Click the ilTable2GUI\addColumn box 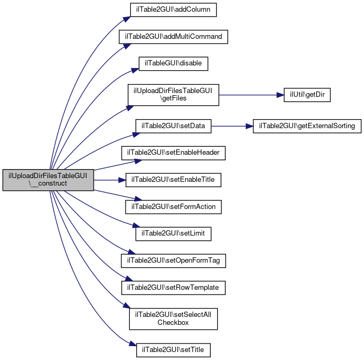coord(173,10)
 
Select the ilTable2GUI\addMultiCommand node coord(173,37)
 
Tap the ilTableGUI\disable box coord(173,64)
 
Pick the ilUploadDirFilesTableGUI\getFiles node coord(173,95)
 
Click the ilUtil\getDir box coord(307,95)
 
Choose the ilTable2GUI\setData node coord(173,126)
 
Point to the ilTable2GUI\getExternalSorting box coord(307,126)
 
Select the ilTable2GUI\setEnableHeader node coord(173,153)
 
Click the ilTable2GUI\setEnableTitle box coord(173,180)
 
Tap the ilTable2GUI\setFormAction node coord(173,207)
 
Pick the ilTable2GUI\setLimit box coord(173,233)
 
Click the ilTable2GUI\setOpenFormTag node coord(173,261)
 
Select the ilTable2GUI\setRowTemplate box coord(173,288)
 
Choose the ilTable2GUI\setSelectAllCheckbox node coord(173,319)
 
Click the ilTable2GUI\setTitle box coord(173,350)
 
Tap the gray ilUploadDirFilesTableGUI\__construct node coord(48,180)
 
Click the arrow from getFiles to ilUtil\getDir coord(251,95)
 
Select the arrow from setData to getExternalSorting coord(232,126)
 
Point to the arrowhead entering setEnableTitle coord(122,180)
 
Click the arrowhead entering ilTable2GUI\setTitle coord(133,344)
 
